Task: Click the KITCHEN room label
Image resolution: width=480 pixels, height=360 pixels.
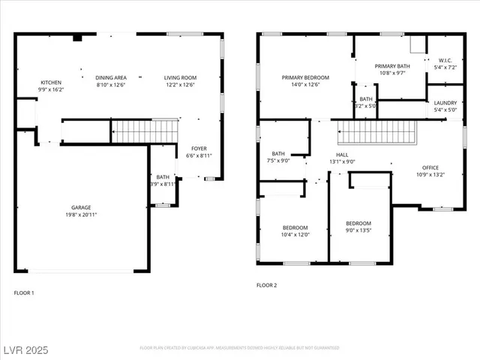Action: (x=51, y=82)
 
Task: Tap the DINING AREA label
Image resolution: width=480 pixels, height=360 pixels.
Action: (x=110, y=77)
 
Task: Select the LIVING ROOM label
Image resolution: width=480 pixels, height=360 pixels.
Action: (x=180, y=77)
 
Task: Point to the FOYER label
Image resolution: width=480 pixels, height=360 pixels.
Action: (x=199, y=148)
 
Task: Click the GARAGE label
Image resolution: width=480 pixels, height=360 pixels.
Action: (x=81, y=208)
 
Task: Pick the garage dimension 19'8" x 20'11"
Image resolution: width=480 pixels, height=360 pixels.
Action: (x=81, y=214)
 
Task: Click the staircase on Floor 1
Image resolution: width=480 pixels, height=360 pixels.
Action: (x=142, y=131)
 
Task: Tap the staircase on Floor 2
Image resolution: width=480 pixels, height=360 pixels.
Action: (x=378, y=133)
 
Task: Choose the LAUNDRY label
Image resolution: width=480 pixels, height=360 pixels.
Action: (x=445, y=103)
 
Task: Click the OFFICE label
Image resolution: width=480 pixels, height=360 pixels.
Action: (x=430, y=167)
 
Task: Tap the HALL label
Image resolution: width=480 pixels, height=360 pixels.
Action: (x=342, y=154)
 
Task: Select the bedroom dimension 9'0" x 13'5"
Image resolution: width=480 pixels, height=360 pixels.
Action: (x=358, y=230)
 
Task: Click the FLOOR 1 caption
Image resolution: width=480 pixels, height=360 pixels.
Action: (x=24, y=292)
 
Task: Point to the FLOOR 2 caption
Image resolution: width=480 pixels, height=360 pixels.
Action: (x=267, y=285)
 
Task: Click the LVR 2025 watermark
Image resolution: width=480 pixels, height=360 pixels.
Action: (x=25, y=349)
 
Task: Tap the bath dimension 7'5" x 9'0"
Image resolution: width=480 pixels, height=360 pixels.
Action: (x=278, y=160)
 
